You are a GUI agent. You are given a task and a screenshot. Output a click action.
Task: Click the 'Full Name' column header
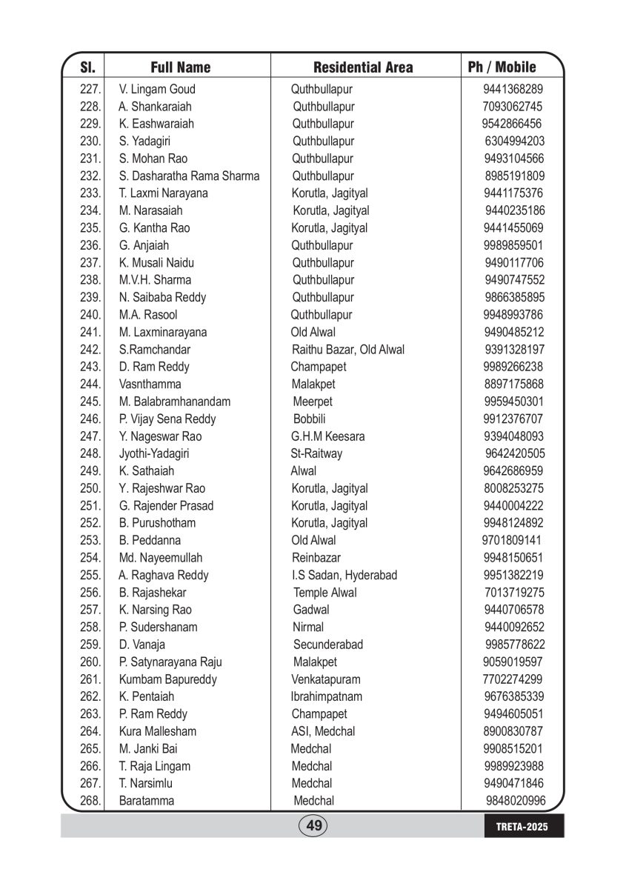180,67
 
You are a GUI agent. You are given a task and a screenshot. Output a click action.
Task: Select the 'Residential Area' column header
363,67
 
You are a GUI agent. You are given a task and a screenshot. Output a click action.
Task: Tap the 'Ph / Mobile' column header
502,67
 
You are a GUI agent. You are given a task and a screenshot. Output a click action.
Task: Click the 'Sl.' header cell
87,67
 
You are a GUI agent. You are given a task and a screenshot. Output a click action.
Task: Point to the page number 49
313,825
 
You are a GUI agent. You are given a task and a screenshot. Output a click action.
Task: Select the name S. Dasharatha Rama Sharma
189,176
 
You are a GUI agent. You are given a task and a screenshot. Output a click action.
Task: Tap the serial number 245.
90,402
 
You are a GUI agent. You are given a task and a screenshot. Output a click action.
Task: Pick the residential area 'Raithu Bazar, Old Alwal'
348,350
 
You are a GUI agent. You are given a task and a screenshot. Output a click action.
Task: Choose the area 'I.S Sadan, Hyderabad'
344,576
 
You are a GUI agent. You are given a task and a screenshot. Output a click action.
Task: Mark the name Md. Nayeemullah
160,558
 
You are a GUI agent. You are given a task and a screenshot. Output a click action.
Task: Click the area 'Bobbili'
310,419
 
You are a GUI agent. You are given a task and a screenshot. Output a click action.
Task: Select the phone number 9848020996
516,801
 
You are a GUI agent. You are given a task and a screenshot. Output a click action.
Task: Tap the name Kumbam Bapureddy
167,679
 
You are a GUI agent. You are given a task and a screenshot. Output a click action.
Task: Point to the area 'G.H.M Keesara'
327,436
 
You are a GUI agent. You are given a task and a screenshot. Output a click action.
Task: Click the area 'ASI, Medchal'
323,731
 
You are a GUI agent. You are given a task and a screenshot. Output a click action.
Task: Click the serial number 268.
90,801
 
